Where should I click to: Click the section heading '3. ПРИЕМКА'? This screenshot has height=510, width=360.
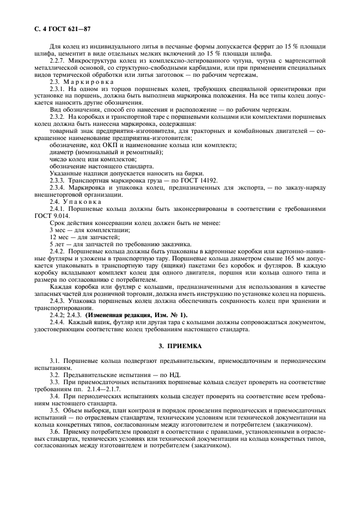180,345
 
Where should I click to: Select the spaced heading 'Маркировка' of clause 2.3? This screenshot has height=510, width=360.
88,81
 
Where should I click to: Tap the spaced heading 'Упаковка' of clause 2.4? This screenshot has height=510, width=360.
83,201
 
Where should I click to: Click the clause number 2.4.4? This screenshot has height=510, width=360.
58,321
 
